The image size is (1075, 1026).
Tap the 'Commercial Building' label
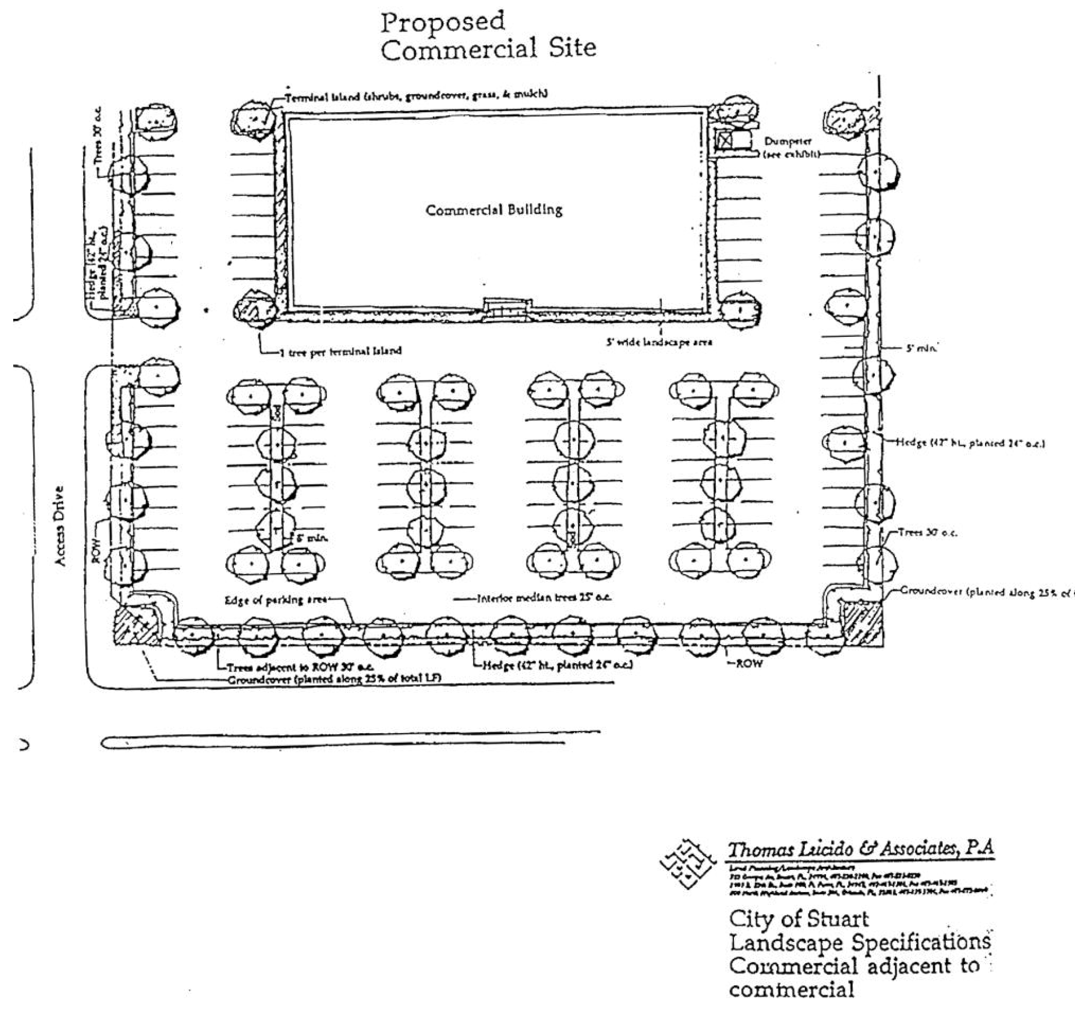pos(493,210)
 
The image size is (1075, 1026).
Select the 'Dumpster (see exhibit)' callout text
pos(791,148)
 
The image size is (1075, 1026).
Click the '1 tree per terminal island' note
pos(340,351)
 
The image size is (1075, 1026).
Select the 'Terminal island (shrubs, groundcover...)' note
pos(416,95)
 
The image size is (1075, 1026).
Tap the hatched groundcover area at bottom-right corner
pos(861,623)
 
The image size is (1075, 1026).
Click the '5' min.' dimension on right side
pos(922,348)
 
